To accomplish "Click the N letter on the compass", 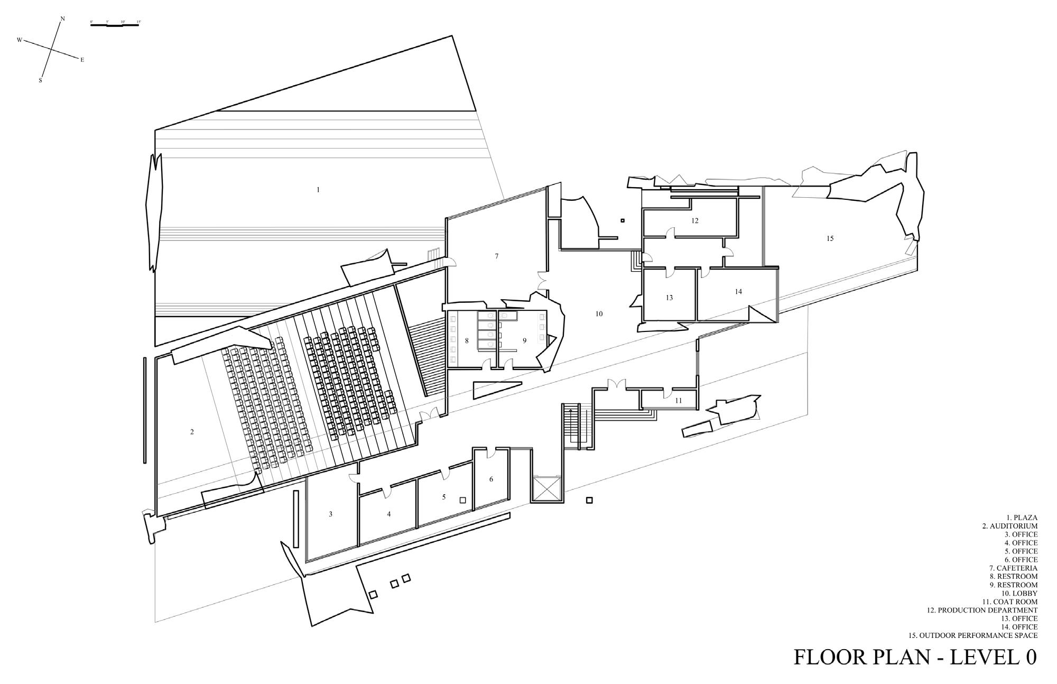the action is tap(63, 19).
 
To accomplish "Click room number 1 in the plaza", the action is tap(318, 190).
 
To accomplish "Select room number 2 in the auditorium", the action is tap(192, 432).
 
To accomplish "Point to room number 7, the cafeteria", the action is tap(496, 256).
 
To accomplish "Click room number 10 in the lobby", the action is tap(599, 314).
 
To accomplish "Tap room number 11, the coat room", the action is tap(679, 401).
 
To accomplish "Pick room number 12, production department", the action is tap(695, 221).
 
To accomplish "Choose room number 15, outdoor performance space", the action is tap(830, 238).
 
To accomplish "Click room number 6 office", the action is tap(491, 479).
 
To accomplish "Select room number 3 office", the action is tap(331, 514).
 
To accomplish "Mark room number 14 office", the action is tap(738, 292).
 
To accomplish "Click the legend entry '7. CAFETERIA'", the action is tap(1014, 568).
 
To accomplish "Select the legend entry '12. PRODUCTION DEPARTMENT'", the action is tap(982, 610).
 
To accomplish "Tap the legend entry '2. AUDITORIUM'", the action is tap(1009, 526).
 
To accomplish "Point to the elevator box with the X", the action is tap(547, 488).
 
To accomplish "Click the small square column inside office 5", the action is tap(462, 500).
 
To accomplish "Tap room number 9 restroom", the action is tap(525, 341).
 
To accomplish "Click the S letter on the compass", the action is tap(40, 81).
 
